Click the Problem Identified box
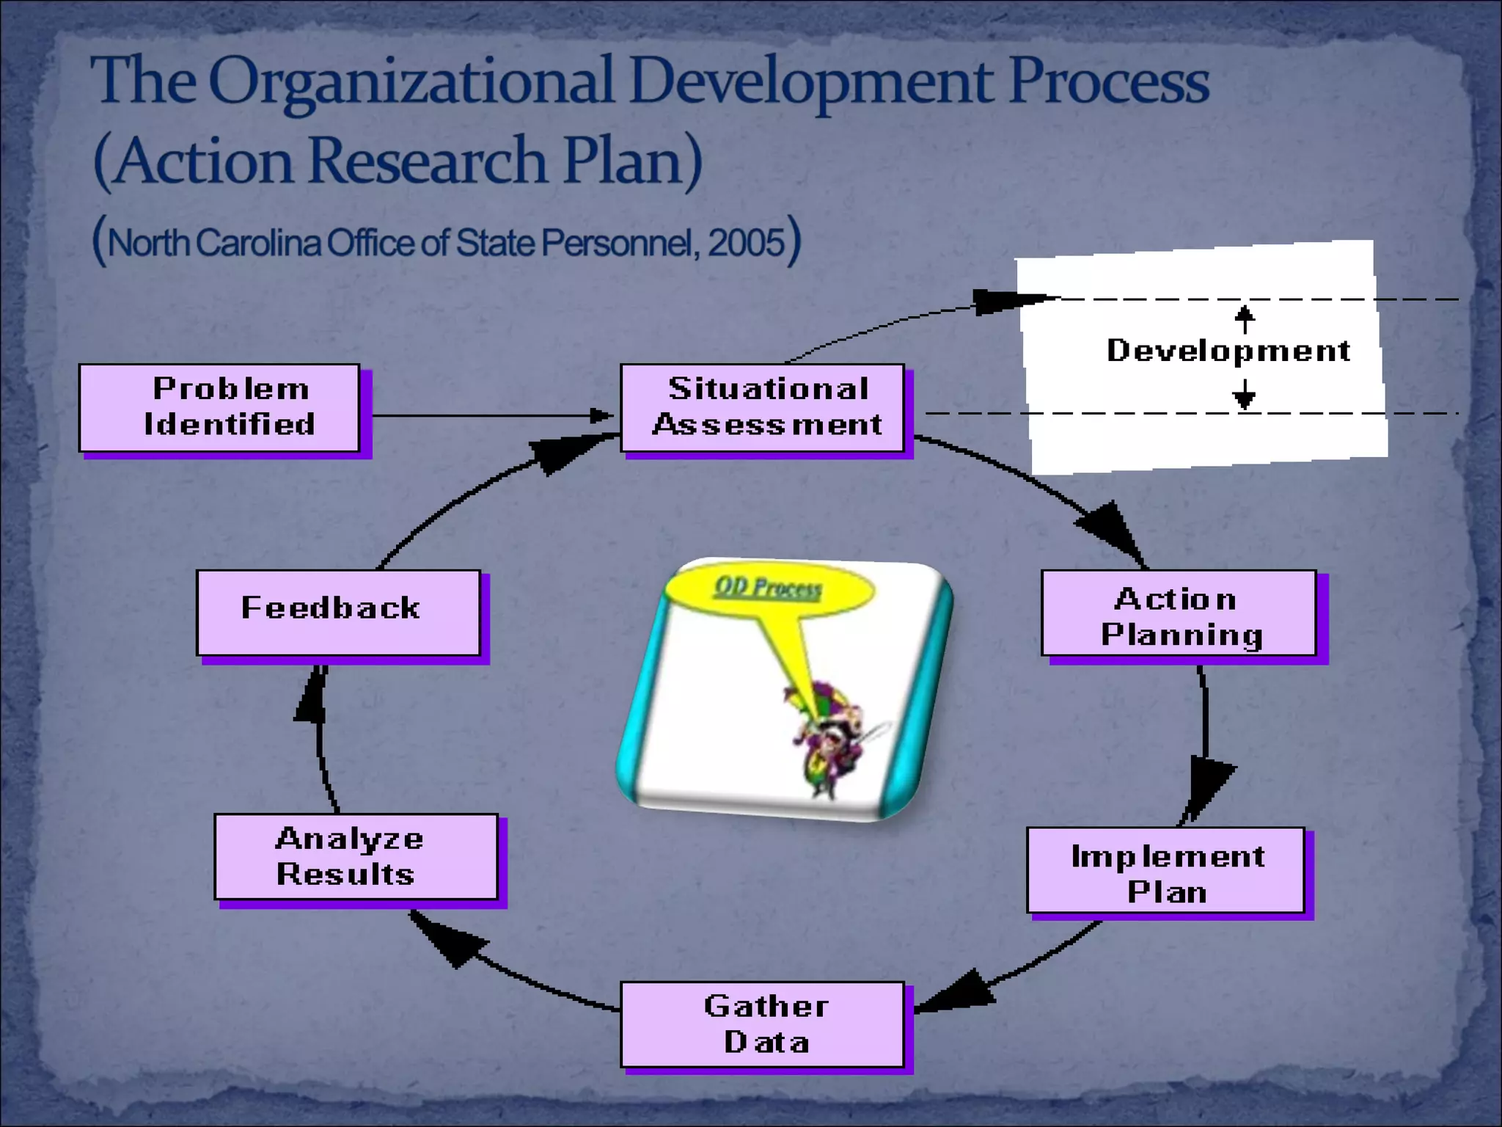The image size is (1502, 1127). (x=219, y=407)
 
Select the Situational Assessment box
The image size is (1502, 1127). (x=762, y=407)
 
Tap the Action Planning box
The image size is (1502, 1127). (x=1179, y=613)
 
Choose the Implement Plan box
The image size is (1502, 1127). (x=1165, y=871)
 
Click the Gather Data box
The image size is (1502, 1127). (x=762, y=1024)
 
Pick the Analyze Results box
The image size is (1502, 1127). (x=356, y=856)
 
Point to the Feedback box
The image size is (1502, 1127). (x=338, y=613)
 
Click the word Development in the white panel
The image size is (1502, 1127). (x=1228, y=351)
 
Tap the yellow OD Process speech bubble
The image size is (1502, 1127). (x=769, y=588)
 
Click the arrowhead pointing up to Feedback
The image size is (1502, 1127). (x=312, y=697)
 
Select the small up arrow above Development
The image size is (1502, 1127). (x=1245, y=317)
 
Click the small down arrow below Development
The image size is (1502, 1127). (x=1245, y=397)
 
